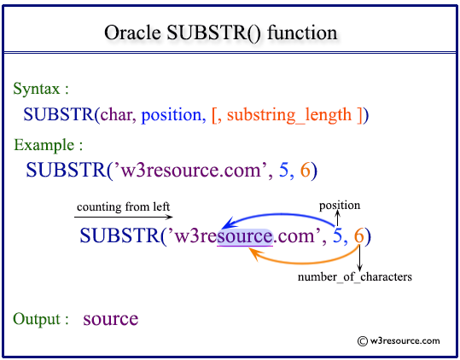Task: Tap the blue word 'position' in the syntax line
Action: coord(172,113)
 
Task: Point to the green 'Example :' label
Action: coord(48,144)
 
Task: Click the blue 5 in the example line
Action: coord(284,170)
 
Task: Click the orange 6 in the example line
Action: coord(306,170)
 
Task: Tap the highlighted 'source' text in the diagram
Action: coord(245,235)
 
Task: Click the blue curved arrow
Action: coord(282,212)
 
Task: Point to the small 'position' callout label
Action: coord(340,205)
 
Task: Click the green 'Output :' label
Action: coord(41,319)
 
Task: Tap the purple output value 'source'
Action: coord(111,319)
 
